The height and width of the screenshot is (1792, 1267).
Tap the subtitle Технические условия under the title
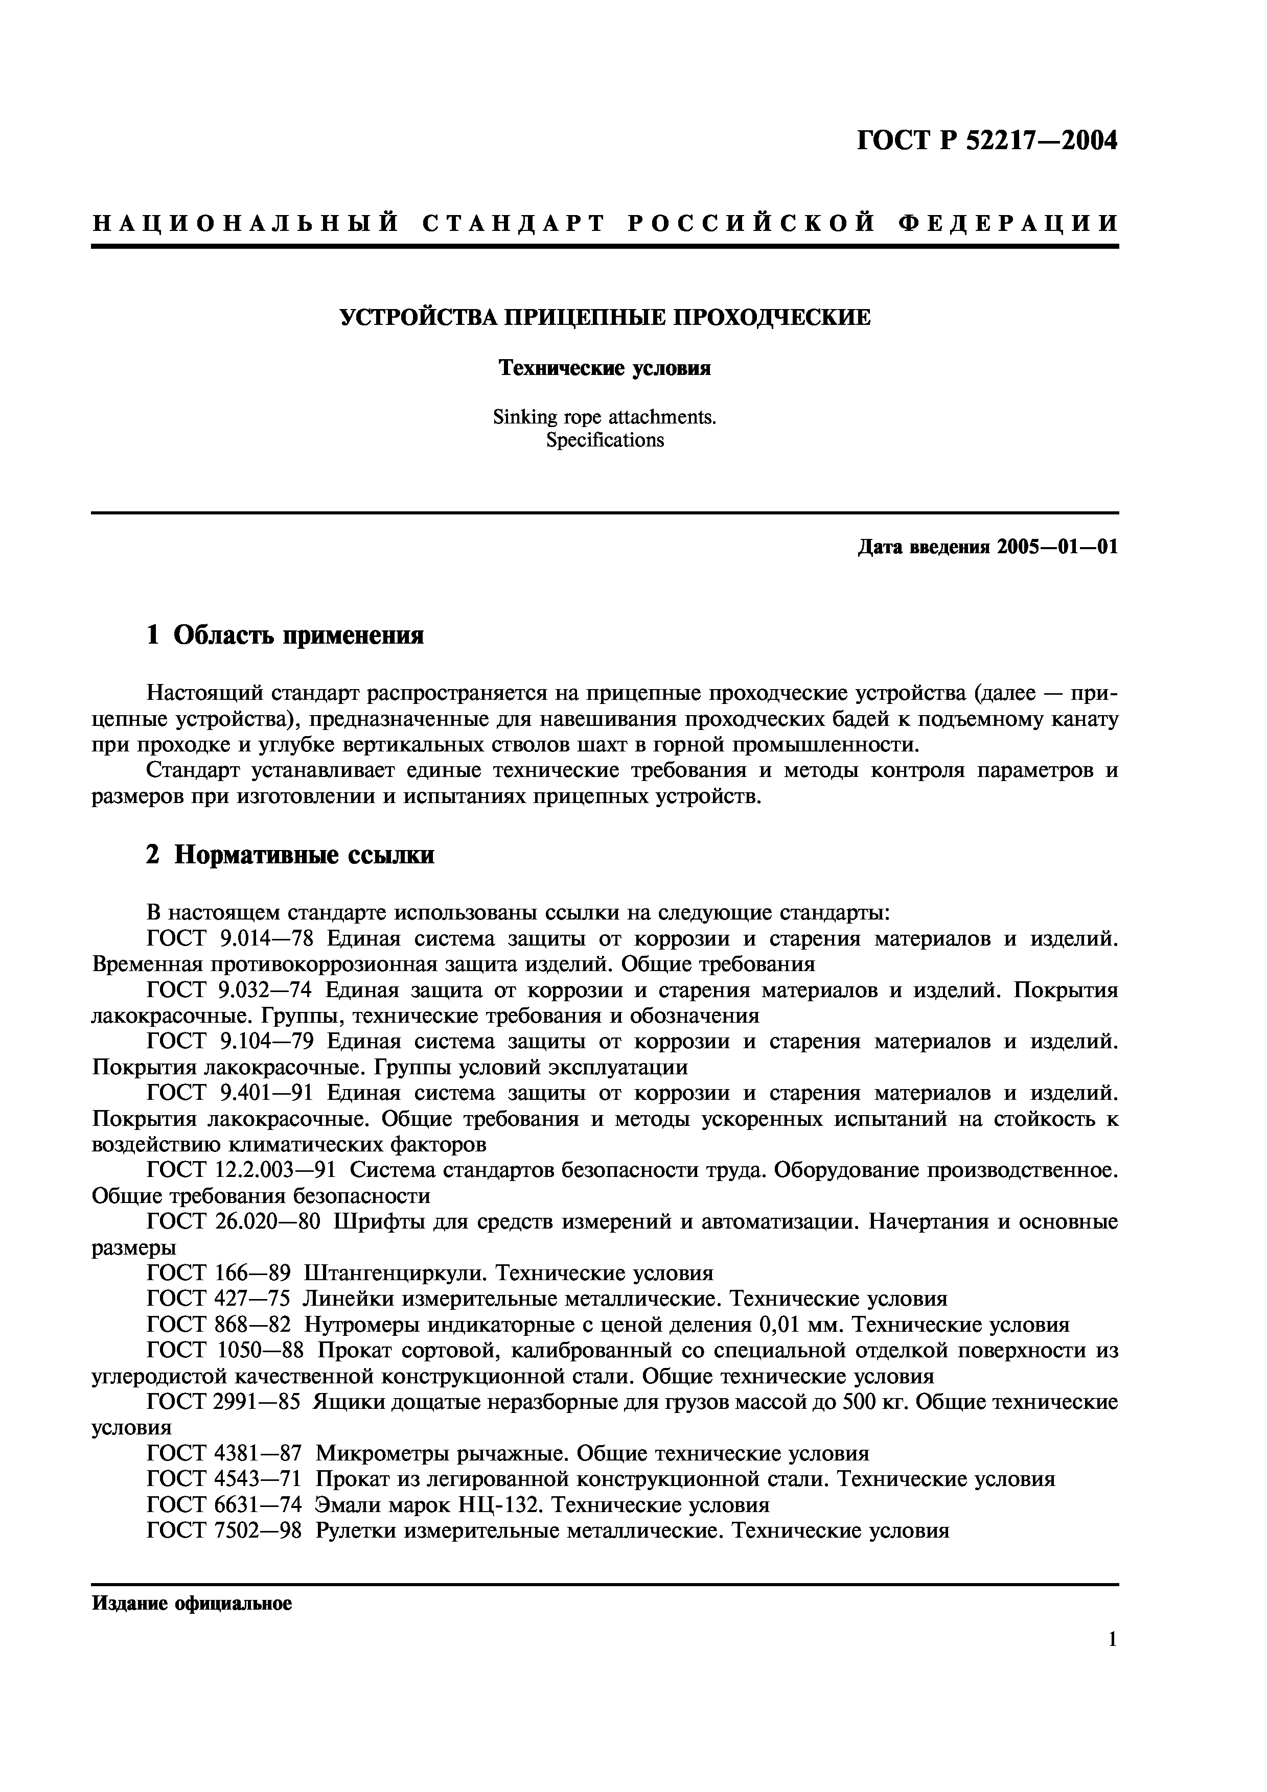(x=605, y=368)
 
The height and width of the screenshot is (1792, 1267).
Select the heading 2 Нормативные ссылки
(x=290, y=856)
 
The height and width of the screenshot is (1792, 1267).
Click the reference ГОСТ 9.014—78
(x=229, y=939)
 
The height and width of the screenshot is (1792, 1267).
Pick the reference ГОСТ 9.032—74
(x=229, y=991)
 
